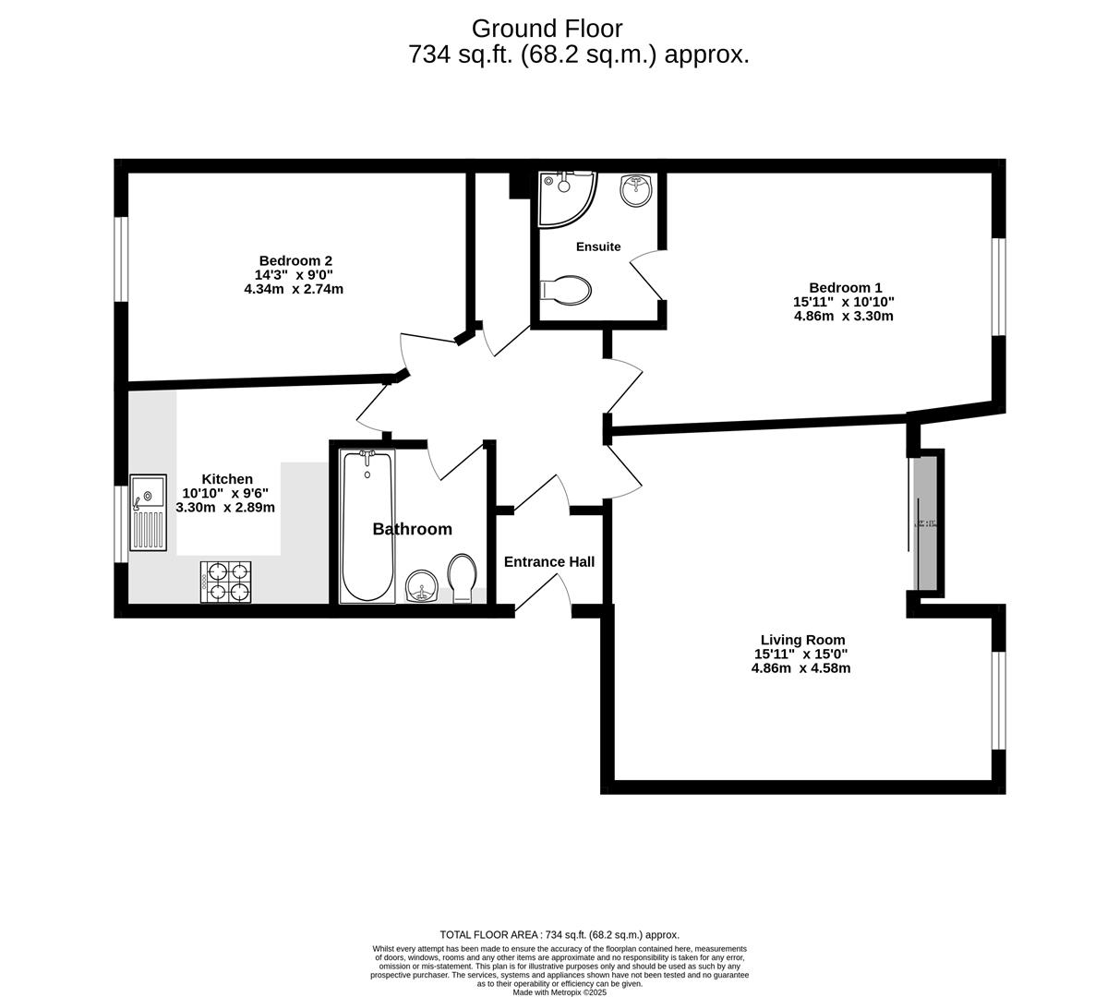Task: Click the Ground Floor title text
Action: pos(547,29)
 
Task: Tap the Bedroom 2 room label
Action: pos(295,260)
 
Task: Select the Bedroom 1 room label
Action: pos(844,287)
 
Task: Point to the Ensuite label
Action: pos(598,246)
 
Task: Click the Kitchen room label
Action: pos(227,479)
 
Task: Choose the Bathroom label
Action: pos(412,529)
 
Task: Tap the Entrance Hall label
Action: pos(549,561)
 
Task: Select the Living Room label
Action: pos(802,640)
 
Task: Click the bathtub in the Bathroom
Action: pos(367,525)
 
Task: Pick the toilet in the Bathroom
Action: pos(463,578)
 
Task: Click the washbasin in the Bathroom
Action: pos(422,585)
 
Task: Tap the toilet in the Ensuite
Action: pos(566,290)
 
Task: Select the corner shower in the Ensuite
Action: pos(564,197)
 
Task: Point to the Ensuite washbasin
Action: pos(635,189)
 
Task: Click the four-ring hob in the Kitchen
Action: pos(226,582)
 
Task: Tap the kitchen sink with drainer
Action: pos(148,512)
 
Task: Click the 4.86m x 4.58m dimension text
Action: pos(800,667)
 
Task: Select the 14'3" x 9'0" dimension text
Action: pos(294,274)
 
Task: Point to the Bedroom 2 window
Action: pos(121,259)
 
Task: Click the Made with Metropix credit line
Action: pos(559,992)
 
